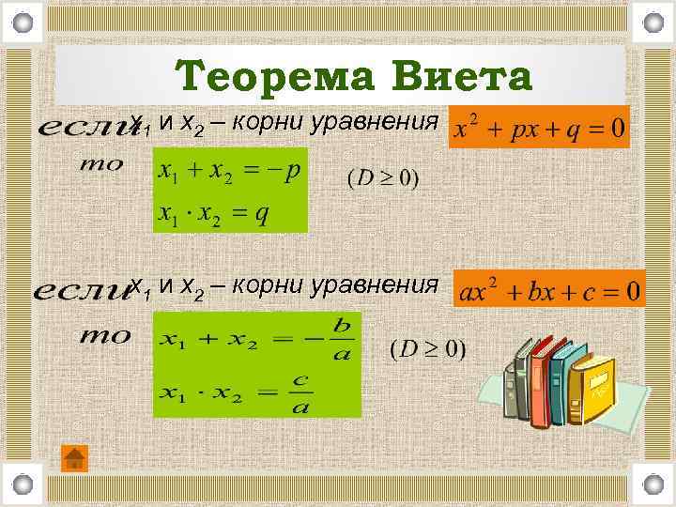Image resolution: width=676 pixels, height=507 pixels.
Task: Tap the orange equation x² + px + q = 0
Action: pos(540,128)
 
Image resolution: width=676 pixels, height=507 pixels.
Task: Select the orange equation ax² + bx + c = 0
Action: pos(550,289)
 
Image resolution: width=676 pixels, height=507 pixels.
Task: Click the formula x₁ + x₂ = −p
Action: pos(229,173)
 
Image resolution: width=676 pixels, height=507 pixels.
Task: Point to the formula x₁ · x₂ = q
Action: pos(214,213)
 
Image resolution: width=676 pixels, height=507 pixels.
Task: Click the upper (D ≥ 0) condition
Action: pos(383,177)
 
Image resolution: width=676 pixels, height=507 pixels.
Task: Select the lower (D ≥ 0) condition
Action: pos(427,349)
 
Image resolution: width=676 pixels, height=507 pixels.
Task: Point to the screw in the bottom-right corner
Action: pos(653,484)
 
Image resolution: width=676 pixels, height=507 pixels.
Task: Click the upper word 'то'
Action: pos(102,164)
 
